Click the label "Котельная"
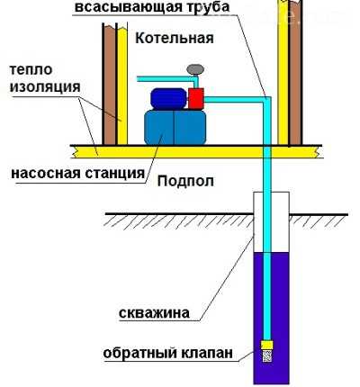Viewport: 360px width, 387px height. (175, 38)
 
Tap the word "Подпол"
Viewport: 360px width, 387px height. (185, 181)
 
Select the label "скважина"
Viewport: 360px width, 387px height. (154, 313)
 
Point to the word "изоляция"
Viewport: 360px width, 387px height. (45, 87)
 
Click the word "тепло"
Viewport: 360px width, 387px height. (31, 70)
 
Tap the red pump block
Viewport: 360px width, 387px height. (196, 98)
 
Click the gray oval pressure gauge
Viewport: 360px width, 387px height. (195, 69)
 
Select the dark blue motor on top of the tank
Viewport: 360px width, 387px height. (168, 99)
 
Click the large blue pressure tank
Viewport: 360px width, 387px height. (175, 127)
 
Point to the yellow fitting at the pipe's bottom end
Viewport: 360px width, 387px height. (266, 345)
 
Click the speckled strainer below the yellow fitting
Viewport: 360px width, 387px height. (266, 355)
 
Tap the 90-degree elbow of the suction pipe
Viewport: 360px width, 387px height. (266, 100)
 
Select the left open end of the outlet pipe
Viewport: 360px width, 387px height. (138, 79)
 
